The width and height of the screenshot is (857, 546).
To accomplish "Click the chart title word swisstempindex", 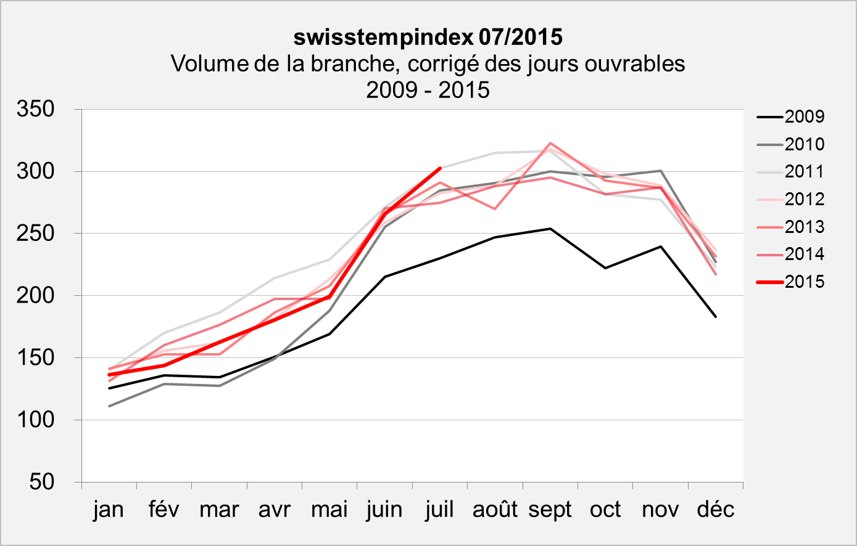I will coord(383,38).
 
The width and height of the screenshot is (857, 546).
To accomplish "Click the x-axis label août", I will coord(495,510).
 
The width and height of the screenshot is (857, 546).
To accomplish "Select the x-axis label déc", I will coord(716,510).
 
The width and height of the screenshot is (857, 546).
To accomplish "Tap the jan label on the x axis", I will coord(109,510).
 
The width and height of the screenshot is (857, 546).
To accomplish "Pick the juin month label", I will coord(384,510).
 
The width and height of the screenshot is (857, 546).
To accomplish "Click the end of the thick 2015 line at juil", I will coord(439,168).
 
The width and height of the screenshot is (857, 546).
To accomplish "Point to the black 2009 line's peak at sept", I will coord(550,229).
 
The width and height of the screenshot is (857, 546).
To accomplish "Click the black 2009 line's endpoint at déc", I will coord(716,317).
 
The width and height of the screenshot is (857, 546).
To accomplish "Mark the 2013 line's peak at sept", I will coord(550,143).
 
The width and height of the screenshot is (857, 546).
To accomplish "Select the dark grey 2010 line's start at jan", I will coord(109,406).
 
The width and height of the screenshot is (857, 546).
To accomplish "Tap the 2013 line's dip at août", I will coord(495,209).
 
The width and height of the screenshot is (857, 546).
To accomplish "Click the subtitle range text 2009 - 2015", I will coord(428,90).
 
